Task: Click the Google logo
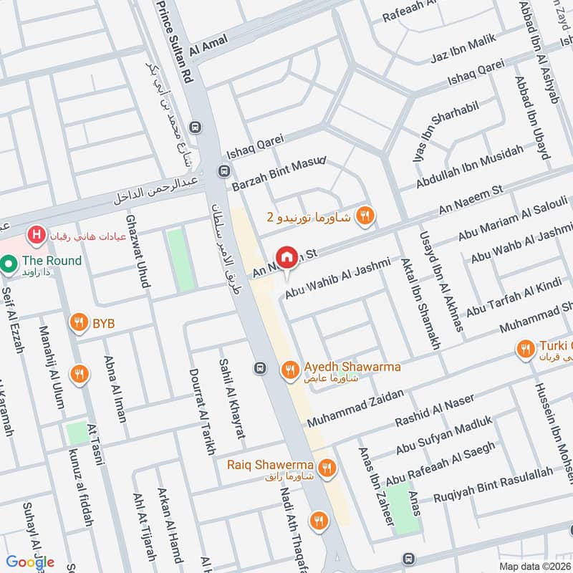point(31,562)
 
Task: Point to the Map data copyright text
point(536,566)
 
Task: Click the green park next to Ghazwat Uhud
point(180,259)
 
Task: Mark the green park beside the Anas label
point(405,507)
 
